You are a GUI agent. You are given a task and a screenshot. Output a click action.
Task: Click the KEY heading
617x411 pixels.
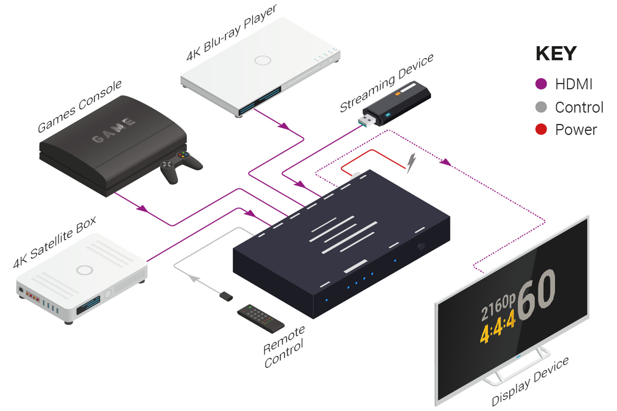[556, 53]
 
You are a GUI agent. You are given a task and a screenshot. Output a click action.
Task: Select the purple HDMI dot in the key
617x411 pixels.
[541, 84]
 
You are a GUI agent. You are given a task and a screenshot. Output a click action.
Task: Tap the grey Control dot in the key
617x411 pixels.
[541, 107]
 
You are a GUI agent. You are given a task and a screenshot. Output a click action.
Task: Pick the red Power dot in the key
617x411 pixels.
[541, 129]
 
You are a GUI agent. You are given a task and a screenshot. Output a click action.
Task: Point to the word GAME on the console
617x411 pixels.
[113, 130]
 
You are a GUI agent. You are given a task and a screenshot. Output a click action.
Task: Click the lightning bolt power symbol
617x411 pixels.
[411, 163]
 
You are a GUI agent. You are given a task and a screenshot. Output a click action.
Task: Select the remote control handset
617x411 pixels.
[260, 318]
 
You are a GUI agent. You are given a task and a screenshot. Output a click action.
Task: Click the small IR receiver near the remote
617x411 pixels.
[226, 296]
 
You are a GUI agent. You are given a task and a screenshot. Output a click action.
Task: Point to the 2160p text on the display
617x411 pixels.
[498, 307]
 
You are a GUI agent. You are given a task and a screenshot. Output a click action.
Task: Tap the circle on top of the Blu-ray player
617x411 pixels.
[262, 60]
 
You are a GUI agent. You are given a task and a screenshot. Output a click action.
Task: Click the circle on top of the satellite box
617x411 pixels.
[85, 270]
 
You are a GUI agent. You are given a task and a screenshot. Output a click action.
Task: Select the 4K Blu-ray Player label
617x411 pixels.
[232, 33]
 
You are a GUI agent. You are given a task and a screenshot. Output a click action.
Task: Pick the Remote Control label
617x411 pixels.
[284, 347]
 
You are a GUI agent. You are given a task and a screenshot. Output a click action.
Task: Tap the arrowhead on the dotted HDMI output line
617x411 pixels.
[445, 162]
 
